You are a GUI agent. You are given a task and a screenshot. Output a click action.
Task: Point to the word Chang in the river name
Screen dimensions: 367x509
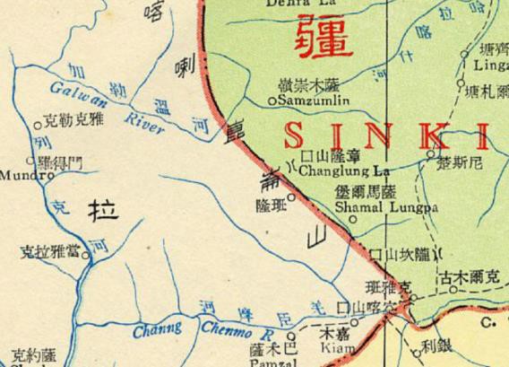coord(158,331)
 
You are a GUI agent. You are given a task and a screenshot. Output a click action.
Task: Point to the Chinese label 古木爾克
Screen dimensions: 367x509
coord(471,280)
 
